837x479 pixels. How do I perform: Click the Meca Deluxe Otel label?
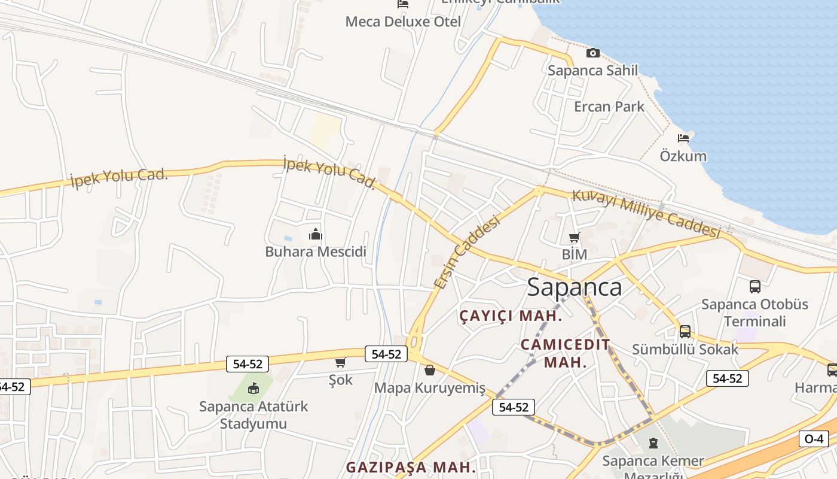coord(403,22)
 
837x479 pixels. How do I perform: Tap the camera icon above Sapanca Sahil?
coord(592,53)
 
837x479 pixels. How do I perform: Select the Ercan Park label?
coord(609,107)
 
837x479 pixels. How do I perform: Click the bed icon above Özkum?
coord(683,138)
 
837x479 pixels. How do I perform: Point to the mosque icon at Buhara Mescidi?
coord(316,234)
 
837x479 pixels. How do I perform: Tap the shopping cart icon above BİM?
coord(575,237)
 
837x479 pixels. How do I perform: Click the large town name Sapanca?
coord(574,287)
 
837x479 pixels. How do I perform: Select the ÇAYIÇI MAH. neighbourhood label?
coord(511,316)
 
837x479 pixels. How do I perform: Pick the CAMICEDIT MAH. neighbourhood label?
coord(565,353)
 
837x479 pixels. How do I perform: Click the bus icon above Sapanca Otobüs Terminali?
coord(754,287)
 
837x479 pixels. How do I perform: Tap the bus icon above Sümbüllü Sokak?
coord(685,331)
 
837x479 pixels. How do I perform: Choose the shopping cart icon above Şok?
coord(341,362)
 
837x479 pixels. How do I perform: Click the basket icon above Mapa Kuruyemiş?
coord(429,370)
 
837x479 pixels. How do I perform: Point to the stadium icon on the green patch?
coord(253,388)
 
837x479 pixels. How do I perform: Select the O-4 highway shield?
coord(814,439)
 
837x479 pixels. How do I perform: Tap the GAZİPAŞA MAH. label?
coord(411,466)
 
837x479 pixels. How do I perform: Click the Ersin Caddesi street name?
coord(467,252)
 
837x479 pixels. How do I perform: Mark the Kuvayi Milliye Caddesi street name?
coord(646,213)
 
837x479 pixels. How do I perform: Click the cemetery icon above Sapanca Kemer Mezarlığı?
coord(653,444)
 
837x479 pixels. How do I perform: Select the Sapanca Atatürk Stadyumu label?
coord(253,415)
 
